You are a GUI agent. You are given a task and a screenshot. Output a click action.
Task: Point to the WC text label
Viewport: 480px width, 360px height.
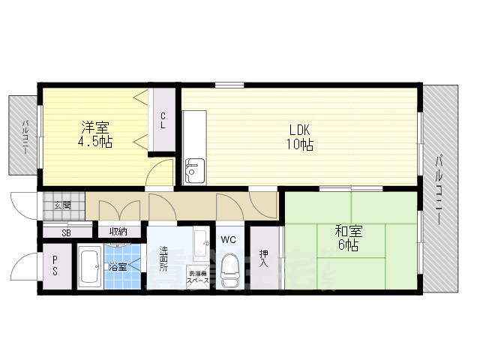229,241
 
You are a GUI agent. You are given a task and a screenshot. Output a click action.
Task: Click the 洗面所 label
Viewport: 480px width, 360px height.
163,259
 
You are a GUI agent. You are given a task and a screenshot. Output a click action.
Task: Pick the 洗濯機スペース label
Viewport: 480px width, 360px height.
199,277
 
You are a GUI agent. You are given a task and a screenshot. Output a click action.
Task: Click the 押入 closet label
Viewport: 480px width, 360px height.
263,257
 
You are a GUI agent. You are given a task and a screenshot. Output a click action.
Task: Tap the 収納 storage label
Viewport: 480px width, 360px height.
118,231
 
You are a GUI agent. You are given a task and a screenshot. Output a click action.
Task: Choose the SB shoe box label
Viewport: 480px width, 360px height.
66,232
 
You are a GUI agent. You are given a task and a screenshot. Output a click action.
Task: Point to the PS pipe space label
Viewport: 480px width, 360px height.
55,266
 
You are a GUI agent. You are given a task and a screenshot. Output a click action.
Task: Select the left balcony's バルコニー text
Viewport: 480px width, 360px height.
24,137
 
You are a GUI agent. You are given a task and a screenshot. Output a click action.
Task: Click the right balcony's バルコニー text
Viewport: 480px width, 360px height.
440,187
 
